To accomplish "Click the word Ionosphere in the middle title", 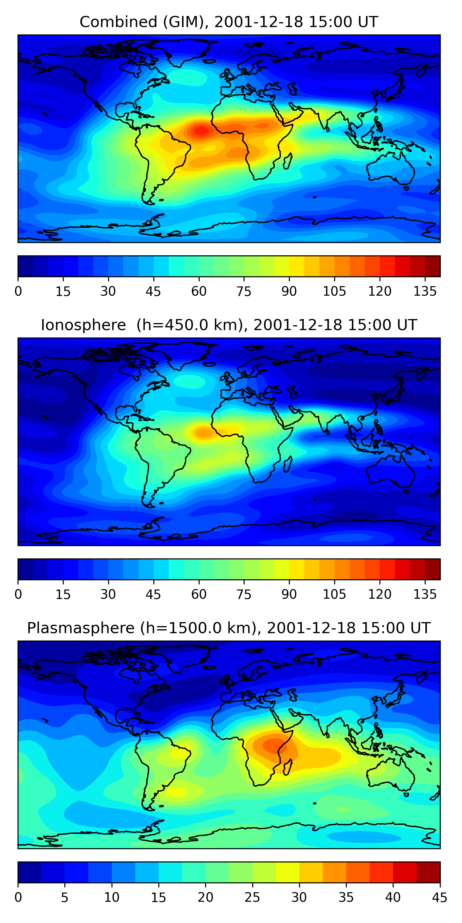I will click(83, 325).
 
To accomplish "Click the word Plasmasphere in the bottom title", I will click(81, 628).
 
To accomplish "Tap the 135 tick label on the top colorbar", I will click(425, 291).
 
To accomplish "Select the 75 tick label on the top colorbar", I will click(244, 291).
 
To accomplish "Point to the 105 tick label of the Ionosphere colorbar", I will click(334, 594).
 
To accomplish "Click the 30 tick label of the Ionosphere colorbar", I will click(108, 594).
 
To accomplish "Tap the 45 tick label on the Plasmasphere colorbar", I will click(440, 897).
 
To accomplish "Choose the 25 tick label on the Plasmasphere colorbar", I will click(252, 897).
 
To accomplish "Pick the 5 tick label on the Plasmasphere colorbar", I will click(65, 897).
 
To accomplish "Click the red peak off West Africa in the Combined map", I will click(201, 131).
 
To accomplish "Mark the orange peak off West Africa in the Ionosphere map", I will click(203, 433).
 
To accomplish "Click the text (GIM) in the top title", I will click(186, 22).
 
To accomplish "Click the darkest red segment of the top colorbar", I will click(433, 266).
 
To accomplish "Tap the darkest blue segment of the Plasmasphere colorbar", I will click(29, 872).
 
